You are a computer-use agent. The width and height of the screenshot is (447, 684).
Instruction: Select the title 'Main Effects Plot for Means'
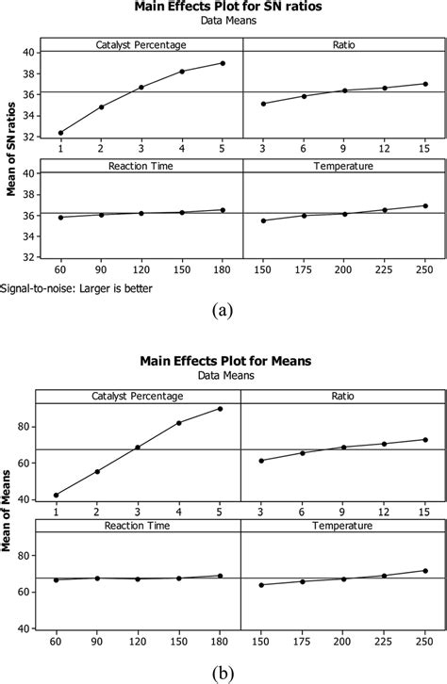[x=223, y=359]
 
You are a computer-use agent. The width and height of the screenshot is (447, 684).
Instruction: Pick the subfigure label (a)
[x=224, y=308]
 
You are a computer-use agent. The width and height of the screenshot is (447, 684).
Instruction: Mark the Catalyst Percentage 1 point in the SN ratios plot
[x=60, y=133]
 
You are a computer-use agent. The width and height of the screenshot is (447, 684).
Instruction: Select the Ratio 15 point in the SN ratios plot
[x=425, y=84]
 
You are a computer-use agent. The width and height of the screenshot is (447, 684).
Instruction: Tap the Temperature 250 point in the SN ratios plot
[x=425, y=205]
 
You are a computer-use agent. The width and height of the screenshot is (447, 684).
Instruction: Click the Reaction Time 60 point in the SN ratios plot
[x=60, y=218]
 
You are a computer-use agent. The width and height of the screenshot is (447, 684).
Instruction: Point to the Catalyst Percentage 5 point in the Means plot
[x=220, y=408]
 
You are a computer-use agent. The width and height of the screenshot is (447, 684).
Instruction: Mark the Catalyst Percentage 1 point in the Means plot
[x=56, y=495]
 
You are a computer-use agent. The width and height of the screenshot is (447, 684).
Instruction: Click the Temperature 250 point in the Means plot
[x=425, y=571]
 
